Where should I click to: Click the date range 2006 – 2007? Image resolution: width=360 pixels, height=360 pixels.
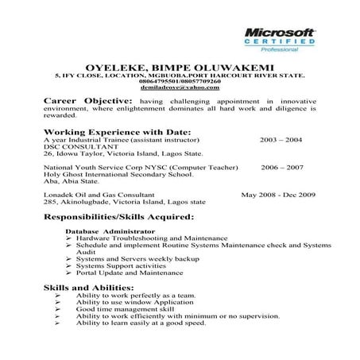tap(282, 168)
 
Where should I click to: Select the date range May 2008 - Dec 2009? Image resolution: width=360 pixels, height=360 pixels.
tap(278, 195)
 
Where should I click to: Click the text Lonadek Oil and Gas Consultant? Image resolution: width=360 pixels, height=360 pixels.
tap(99, 195)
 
